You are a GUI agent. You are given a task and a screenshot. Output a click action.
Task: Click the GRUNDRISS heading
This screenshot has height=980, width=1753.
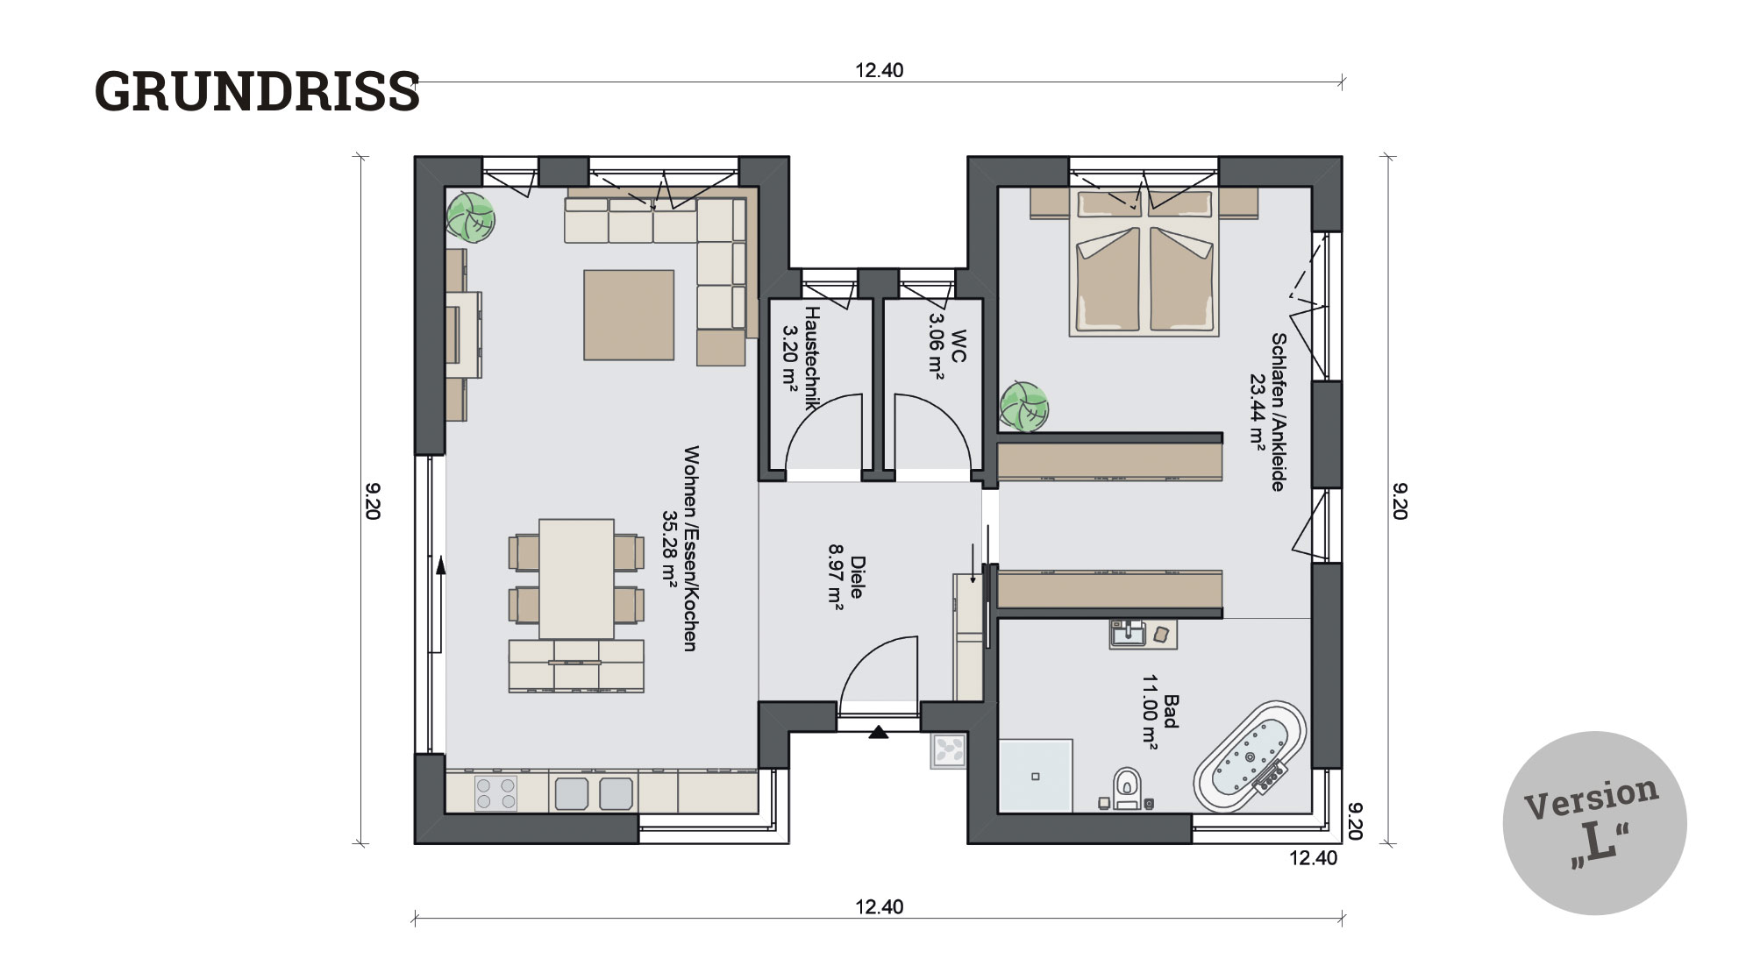(x=257, y=91)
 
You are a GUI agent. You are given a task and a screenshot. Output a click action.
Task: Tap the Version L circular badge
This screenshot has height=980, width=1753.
(x=1594, y=823)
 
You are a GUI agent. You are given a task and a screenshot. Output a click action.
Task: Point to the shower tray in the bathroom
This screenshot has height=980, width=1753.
(x=1036, y=776)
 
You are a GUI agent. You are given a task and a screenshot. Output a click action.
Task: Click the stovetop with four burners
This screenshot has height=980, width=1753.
(x=495, y=793)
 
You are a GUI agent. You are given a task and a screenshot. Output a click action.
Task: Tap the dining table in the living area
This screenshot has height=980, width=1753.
(x=576, y=579)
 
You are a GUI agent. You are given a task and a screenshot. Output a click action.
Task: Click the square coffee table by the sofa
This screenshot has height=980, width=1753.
(x=630, y=315)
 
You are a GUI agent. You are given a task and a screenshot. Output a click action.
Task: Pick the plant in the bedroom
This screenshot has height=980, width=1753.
(x=1024, y=407)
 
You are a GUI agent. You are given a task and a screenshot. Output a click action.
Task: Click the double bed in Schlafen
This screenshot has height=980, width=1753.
(x=1144, y=262)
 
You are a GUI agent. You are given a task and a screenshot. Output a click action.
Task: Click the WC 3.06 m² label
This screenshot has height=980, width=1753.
(x=947, y=347)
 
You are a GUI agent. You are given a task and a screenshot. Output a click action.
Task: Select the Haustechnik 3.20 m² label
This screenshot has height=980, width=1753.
(x=801, y=359)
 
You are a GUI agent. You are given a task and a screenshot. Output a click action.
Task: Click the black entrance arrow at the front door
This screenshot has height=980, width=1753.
(x=879, y=732)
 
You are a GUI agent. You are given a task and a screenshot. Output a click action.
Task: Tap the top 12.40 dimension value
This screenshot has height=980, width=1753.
(x=880, y=70)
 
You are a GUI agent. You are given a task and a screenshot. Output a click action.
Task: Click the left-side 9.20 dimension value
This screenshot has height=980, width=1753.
(x=372, y=501)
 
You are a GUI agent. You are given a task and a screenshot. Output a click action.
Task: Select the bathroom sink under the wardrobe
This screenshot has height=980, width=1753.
(x=1129, y=633)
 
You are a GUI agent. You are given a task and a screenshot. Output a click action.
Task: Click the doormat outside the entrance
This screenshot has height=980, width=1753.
(x=949, y=751)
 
